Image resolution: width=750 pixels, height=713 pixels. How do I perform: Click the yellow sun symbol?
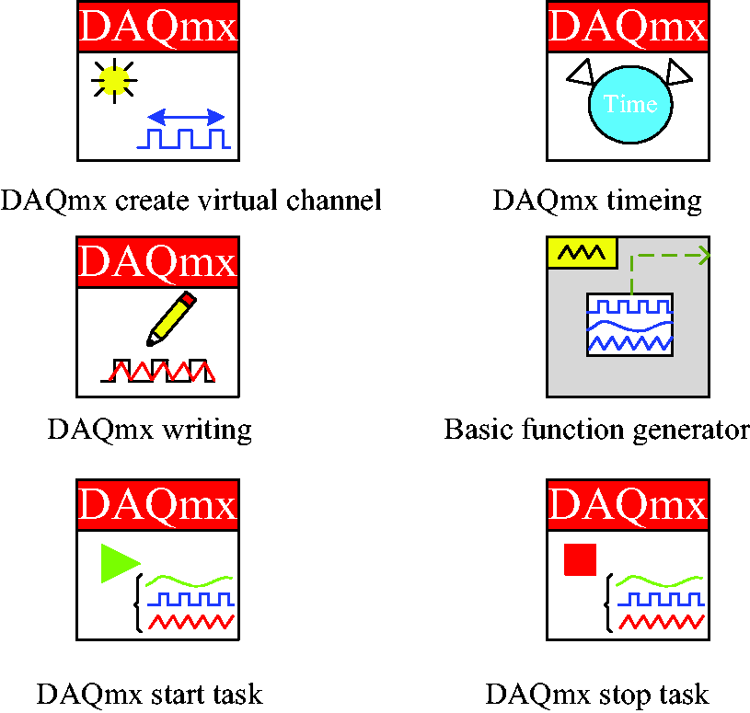tap(114, 80)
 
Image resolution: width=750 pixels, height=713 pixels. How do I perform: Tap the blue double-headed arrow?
tap(186, 117)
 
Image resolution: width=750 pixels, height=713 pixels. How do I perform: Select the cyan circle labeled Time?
tap(630, 104)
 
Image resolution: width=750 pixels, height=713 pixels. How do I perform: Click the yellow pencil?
tap(171, 318)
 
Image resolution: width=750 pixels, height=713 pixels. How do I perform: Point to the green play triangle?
tap(120, 563)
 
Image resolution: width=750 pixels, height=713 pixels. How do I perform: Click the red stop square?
tap(580, 559)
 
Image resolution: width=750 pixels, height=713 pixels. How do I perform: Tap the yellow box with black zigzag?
tap(582, 252)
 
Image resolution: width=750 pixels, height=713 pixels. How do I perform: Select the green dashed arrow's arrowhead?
tap(704, 256)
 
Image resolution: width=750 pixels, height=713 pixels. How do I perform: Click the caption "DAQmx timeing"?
tap(597, 201)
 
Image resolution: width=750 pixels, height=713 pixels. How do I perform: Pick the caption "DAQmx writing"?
tap(150, 430)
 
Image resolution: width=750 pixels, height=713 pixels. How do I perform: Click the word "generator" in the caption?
tap(691, 430)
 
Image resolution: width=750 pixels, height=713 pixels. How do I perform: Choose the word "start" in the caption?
tap(178, 695)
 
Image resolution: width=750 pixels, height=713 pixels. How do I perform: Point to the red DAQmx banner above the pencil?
tap(158, 261)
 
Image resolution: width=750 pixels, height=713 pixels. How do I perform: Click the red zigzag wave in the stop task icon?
tap(662, 622)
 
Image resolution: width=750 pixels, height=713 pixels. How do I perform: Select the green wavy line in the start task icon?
tap(189, 581)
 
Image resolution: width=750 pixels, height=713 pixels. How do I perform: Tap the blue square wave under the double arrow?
tap(184, 138)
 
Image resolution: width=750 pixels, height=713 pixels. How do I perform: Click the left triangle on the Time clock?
tap(580, 72)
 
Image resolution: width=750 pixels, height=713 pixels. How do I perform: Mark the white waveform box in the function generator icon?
tap(630, 325)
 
